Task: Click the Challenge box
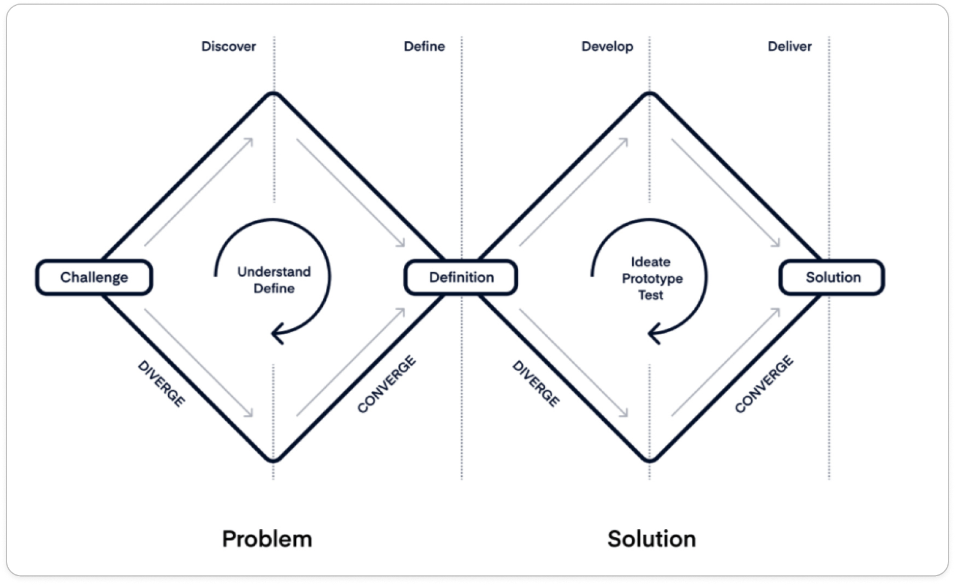[x=94, y=278]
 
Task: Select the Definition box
[x=461, y=278]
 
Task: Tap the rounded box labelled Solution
[x=832, y=278]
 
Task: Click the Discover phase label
[x=229, y=46]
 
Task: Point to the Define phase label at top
[x=424, y=46]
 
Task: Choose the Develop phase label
[x=607, y=46]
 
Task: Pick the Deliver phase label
[x=789, y=46]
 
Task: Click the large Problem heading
[x=267, y=539]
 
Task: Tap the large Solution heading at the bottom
[x=652, y=539]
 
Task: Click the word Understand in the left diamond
[x=274, y=272]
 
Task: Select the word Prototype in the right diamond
[x=652, y=279]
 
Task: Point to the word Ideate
[x=650, y=262]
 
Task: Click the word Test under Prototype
[x=650, y=295]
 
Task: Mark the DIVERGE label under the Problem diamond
[x=161, y=384]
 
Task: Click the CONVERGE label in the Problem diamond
[x=386, y=385]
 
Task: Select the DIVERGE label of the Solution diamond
[x=536, y=384]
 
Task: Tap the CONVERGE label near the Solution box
[x=764, y=385]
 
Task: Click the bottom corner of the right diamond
[x=650, y=460]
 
